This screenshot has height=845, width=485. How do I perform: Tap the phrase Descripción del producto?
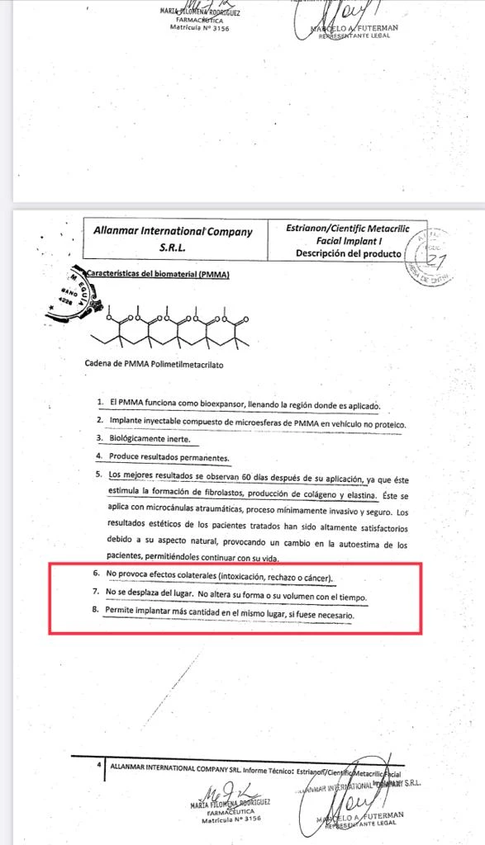[x=349, y=253]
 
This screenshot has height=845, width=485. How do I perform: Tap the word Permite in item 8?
[x=122, y=614]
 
